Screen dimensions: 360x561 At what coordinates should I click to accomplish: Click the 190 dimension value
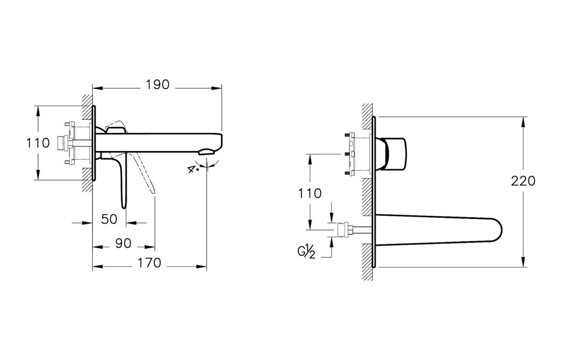[x=158, y=84]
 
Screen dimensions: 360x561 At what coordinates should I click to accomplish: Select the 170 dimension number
[x=149, y=263]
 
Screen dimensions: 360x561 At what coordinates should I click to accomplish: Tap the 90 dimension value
[x=124, y=243]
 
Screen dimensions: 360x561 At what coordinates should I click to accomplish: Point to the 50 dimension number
[x=109, y=219]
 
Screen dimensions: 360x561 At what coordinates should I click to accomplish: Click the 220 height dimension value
[x=523, y=181]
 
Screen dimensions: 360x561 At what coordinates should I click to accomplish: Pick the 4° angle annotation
[x=193, y=169]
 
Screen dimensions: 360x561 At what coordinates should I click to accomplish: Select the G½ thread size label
[x=306, y=252]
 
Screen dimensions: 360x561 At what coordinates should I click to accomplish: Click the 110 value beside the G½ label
[x=310, y=193]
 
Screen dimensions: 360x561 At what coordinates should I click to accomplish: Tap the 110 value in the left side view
[x=38, y=143]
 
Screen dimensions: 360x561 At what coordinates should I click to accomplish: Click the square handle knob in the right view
[x=395, y=154]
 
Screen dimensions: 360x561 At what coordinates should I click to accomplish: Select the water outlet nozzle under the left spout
[x=206, y=152]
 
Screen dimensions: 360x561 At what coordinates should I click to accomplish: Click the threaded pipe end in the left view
[x=61, y=144]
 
